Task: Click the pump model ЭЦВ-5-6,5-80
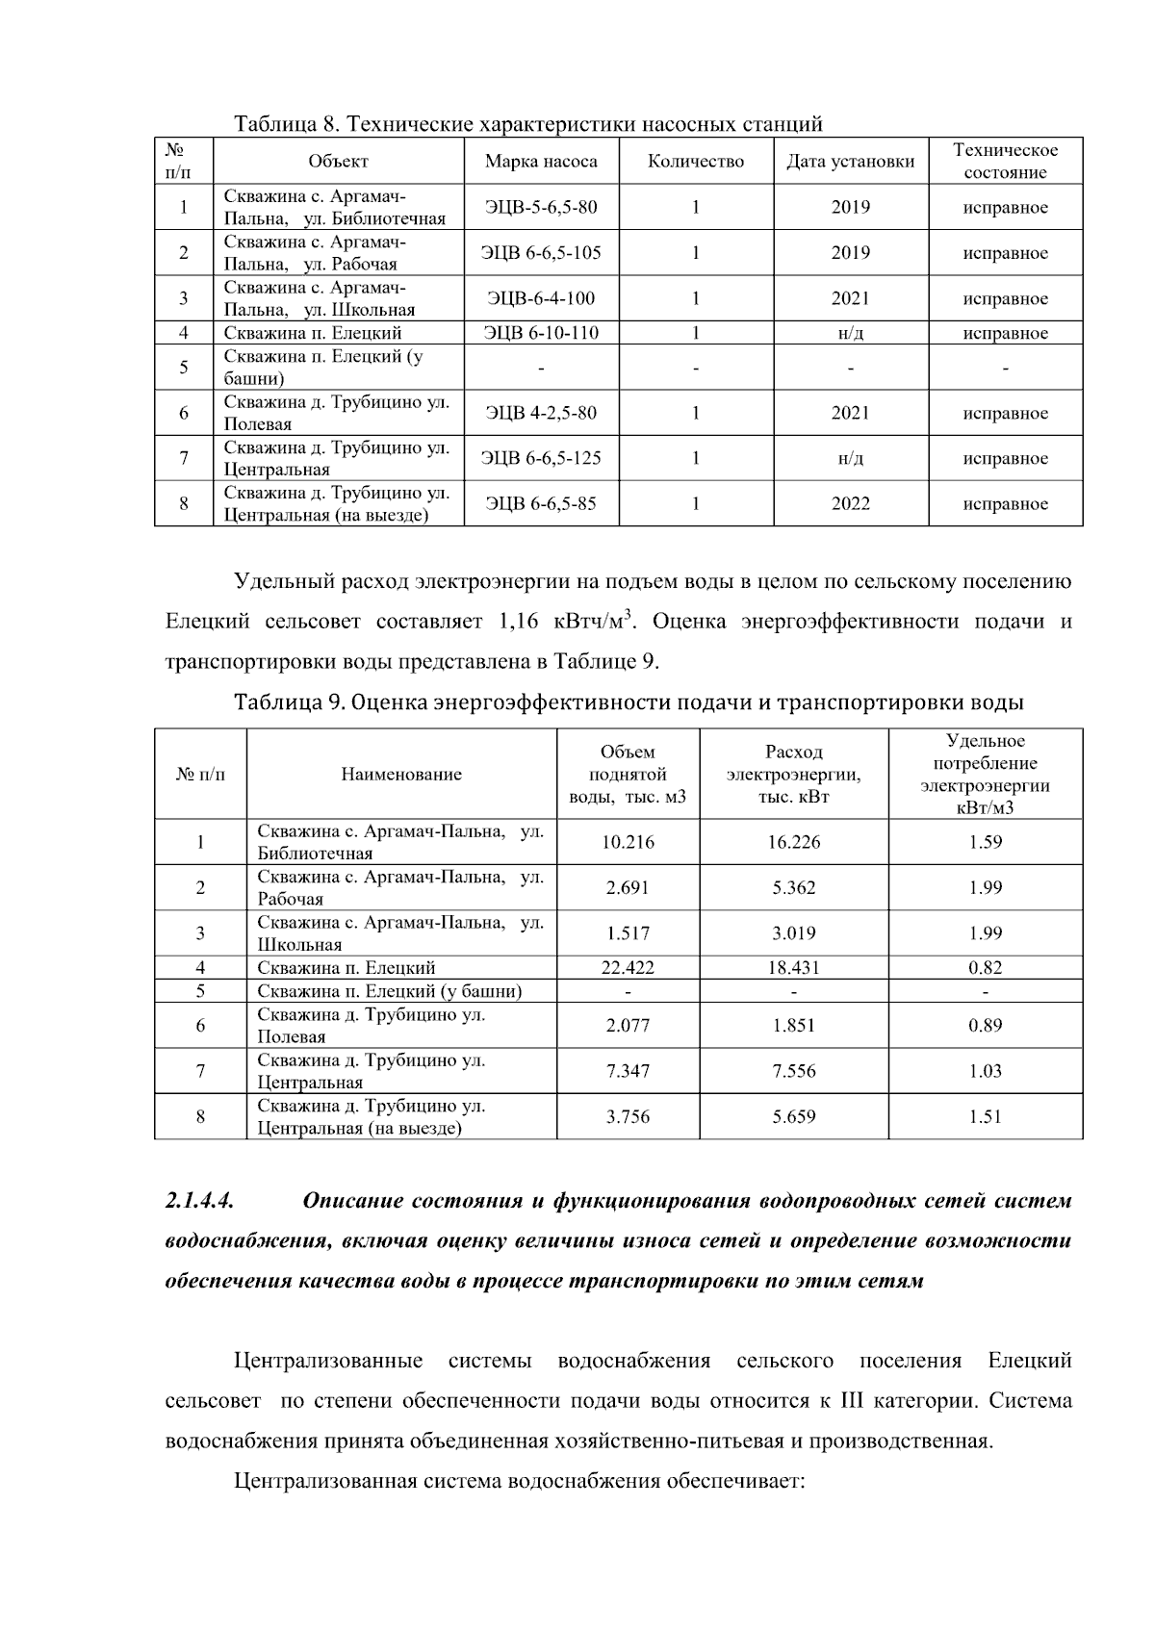pyautogui.click(x=541, y=207)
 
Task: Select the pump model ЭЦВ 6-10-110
pyautogui.click(x=541, y=333)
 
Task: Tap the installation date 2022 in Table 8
pyautogui.click(x=851, y=504)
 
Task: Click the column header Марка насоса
pyautogui.click(x=541, y=162)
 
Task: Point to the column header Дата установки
pyautogui.click(x=851, y=162)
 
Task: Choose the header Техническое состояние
pyautogui.click(x=1005, y=162)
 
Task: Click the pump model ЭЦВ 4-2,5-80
pyautogui.click(x=541, y=414)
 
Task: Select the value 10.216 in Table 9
pyautogui.click(x=628, y=843)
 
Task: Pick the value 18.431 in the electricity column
pyautogui.click(x=793, y=968)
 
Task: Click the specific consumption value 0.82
pyautogui.click(x=986, y=968)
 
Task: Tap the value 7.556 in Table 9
pyautogui.click(x=793, y=1071)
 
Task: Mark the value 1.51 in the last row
pyautogui.click(x=986, y=1117)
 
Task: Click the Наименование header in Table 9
pyautogui.click(x=401, y=775)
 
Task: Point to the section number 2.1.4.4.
pyautogui.click(x=200, y=1201)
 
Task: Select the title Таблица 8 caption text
pyautogui.click(x=528, y=124)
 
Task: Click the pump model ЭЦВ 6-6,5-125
pyautogui.click(x=541, y=459)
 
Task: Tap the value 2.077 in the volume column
pyautogui.click(x=628, y=1026)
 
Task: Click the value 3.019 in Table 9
pyautogui.click(x=793, y=933)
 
